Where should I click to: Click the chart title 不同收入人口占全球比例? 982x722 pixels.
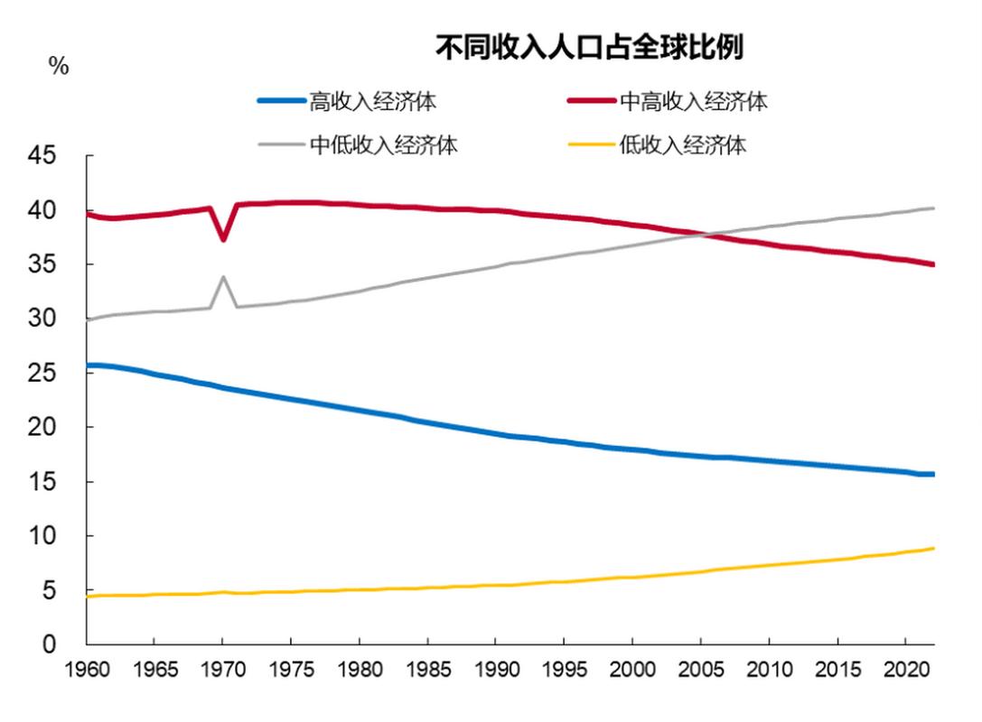[x=590, y=48]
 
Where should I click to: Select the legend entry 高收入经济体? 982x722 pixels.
[x=373, y=101]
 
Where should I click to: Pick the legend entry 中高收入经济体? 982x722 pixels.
[x=693, y=101]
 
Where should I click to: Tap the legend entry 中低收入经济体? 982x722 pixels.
[x=384, y=145]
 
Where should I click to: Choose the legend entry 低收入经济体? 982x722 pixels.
[x=683, y=145]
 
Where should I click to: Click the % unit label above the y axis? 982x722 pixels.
[x=59, y=67]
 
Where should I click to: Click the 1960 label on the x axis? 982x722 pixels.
[x=87, y=672]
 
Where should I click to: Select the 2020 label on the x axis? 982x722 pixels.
[x=904, y=672]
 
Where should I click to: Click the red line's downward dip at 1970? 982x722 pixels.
[x=223, y=239]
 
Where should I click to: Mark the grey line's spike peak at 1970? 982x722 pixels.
[x=223, y=277]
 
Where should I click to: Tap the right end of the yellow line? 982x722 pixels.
[x=932, y=549]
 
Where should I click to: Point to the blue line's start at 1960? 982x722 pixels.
[x=88, y=366]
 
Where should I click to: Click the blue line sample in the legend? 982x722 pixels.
[x=281, y=101]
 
